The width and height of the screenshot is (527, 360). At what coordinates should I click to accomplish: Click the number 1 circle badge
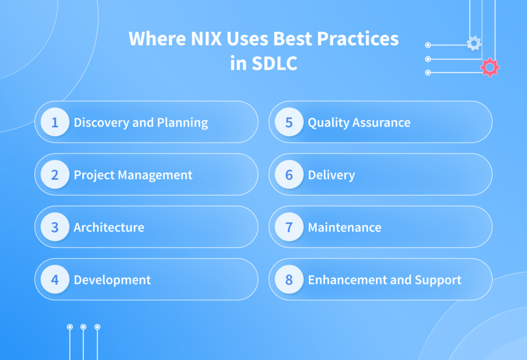tap(55, 122)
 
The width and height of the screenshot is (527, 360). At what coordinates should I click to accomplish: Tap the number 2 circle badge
tap(55, 175)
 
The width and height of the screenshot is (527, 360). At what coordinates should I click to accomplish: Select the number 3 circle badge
tap(55, 227)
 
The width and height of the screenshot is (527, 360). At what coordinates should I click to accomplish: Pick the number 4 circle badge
tap(55, 280)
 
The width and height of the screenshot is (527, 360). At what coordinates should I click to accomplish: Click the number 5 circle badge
tap(289, 122)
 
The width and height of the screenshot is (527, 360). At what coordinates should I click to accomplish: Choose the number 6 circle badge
tap(289, 175)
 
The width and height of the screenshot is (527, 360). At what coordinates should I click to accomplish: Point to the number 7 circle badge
tap(289, 227)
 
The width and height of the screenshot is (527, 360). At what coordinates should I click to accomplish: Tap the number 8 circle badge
tap(289, 280)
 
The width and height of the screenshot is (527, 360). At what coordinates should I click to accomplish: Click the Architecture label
tap(109, 227)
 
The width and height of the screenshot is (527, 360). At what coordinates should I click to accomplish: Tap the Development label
tap(112, 280)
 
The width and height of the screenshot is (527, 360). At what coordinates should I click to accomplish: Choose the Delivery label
tap(331, 175)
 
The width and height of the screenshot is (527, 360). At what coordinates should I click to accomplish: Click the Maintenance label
tap(344, 227)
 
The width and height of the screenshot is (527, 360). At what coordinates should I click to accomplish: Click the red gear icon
tap(489, 67)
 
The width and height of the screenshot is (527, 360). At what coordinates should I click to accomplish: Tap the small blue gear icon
tap(473, 44)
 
